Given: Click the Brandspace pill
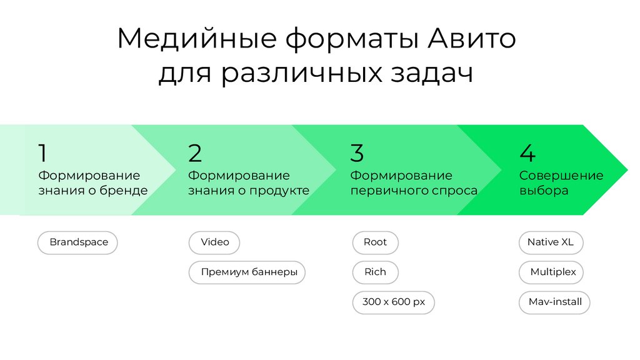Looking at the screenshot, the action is (78, 242).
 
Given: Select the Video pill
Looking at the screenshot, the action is (214, 242).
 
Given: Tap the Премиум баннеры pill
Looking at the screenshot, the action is (247, 272).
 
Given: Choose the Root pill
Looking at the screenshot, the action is (375, 242).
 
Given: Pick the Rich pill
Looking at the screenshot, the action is (375, 272).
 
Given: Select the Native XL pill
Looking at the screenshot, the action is (550, 242).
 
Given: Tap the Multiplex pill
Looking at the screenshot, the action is (552, 272).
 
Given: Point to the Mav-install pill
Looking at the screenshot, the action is (554, 302).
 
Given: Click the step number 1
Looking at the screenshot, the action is (42, 153).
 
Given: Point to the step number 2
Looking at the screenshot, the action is (195, 153).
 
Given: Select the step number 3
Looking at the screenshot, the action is (357, 153).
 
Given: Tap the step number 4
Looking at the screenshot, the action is (527, 153).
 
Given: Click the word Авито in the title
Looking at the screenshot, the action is (472, 39).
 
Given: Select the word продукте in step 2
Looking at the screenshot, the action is (280, 191).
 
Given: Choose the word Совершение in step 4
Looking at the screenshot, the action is (561, 176).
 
